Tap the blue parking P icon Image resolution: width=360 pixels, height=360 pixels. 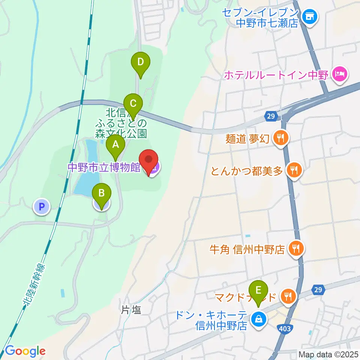pyautogui.click(x=43, y=205)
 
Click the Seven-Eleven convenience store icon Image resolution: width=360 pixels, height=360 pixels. pyautogui.click(x=310, y=16)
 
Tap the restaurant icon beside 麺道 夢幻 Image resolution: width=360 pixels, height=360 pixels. pyautogui.click(x=280, y=138)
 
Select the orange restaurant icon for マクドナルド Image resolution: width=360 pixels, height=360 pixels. pyautogui.click(x=288, y=297)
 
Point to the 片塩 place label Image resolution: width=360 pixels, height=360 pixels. pyautogui.click(x=132, y=310)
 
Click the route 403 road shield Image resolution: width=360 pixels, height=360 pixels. pyautogui.click(x=285, y=329)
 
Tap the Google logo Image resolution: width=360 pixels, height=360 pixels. pyautogui.click(x=25, y=351)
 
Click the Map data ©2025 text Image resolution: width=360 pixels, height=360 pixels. pyautogui.click(x=328, y=354)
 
